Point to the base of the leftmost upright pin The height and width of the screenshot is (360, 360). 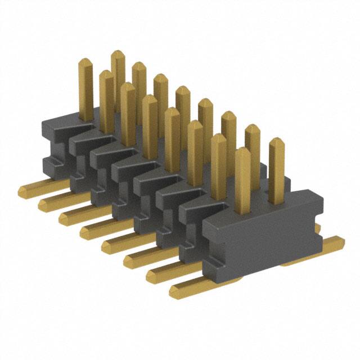click(x=86, y=118)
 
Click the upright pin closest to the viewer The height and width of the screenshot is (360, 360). click(x=242, y=180)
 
